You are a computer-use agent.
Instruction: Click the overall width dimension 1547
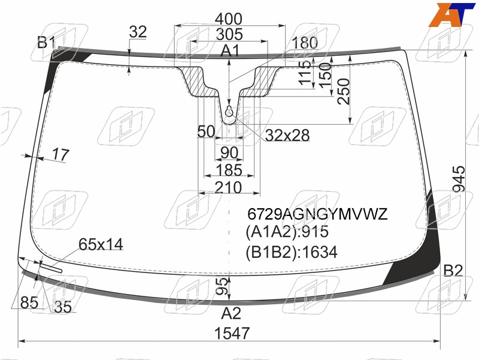click(x=232, y=333)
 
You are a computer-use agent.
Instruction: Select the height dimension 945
click(x=459, y=179)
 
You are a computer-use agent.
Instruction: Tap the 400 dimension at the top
click(x=229, y=19)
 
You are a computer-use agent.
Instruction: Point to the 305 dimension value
click(x=229, y=34)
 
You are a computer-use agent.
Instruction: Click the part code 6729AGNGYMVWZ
click(x=317, y=214)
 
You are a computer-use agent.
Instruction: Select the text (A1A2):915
click(x=287, y=232)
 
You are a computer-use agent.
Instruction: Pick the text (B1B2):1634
click(x=292, y=252)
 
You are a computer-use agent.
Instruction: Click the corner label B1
click(x=47, y=42)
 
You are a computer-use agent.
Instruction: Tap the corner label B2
click(x=453, y=271)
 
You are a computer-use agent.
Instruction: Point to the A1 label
click(x=231, y=50)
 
